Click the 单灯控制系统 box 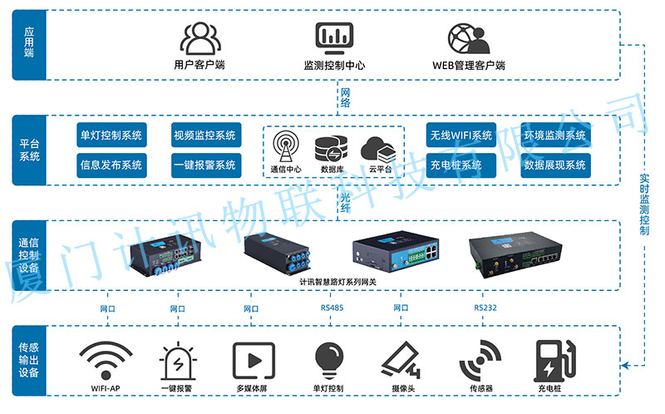click(x=111, y=136)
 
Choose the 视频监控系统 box click(x=204, y=136)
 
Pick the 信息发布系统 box click(x=111, y=165)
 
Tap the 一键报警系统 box click(x=204, y=165)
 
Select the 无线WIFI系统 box click(x=461, y=136)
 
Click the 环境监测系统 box click(x=554, y=136)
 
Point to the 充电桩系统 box click(x=461, y=165)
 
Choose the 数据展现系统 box click(x=554, y=165)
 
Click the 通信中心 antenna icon click(x=285, y=149)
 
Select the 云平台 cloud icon click(x=378, y=149)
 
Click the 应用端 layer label click(x=29, y=45)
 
